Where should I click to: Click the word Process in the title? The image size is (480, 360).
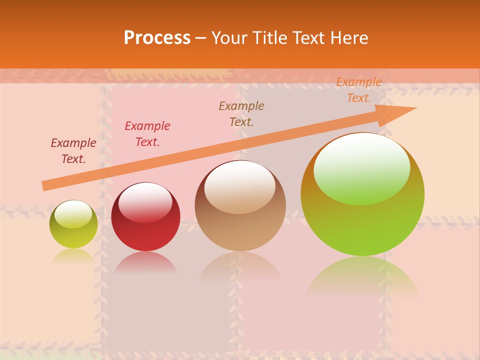[x=157, y=38]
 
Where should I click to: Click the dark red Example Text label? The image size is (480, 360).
[x=73, y=151]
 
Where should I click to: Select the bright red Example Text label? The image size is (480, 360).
[x=147, y=134]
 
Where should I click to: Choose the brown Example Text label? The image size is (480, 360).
[x=241, y=114]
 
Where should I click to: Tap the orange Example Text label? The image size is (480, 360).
[x=358, y=90]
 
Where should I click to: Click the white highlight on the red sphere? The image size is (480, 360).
[x=145, y=200]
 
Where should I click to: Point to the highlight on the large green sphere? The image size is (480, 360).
[x=362, y=167]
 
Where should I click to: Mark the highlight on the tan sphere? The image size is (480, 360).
[x=240, y=186]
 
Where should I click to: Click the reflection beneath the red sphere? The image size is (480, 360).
[x=145, y=263]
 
